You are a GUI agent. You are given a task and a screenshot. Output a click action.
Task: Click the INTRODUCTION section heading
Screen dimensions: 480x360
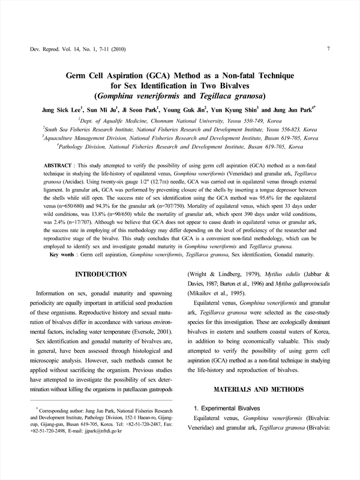click(x=100, y=274)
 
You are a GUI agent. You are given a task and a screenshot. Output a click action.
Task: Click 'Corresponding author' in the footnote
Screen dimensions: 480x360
click(x=60, y=407)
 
